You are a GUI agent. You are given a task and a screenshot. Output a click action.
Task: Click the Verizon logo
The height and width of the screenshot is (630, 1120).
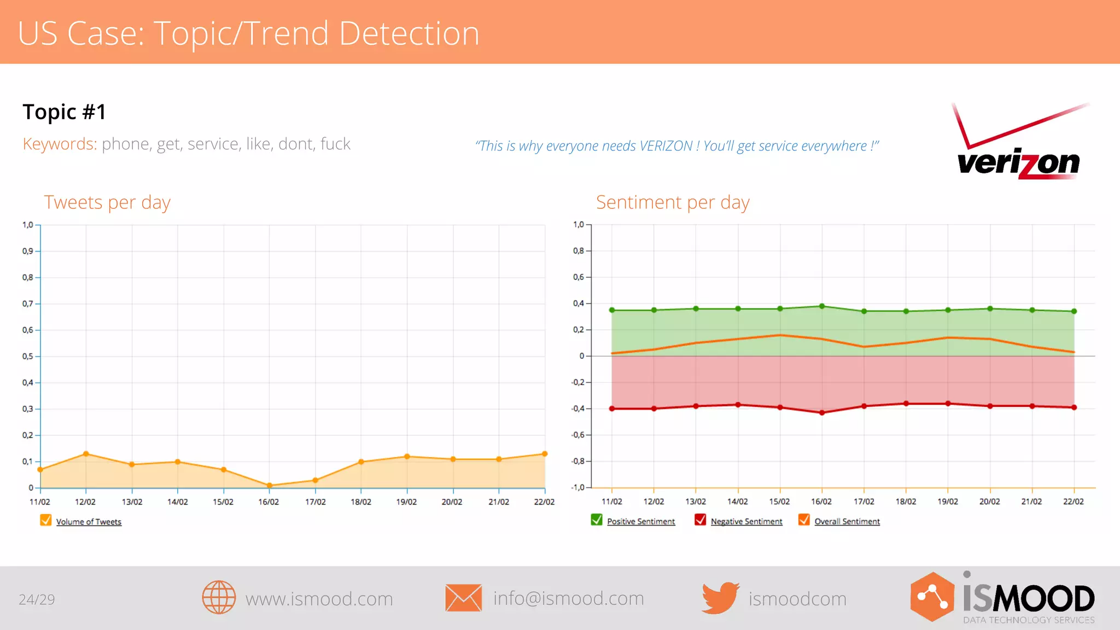point(1018,141)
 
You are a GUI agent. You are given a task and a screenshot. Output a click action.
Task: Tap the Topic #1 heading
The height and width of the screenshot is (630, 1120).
point(65,112)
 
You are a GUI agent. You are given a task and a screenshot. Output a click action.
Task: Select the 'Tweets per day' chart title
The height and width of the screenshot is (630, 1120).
point(107,202)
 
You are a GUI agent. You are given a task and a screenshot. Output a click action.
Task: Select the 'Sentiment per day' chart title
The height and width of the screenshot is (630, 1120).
point(673,202)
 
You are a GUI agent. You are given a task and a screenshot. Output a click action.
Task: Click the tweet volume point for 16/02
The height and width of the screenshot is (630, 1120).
point(269,485)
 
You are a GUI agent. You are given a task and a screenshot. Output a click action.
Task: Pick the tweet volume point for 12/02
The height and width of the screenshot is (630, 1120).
point(86,454)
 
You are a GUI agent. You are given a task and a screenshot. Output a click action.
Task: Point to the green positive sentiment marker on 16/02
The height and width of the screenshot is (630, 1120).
point(822,306)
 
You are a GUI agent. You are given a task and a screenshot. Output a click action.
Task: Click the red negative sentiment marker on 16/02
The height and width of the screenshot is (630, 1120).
point(822,413)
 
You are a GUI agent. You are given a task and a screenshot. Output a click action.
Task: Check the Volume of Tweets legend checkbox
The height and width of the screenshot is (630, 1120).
point(46,521)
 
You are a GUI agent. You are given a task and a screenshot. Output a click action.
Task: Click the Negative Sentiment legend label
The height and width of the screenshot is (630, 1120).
point(746,522)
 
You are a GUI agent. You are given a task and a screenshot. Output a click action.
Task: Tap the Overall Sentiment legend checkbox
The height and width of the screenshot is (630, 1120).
point(804,520)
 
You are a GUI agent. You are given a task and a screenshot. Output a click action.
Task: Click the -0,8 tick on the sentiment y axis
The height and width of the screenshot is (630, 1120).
point(579,461)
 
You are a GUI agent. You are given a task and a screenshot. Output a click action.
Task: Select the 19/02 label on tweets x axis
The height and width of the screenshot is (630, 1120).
point(406,502)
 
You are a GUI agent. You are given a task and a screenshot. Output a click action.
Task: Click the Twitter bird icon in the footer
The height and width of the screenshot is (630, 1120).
point(720,598)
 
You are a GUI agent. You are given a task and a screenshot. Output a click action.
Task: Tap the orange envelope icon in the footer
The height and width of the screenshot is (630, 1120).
point(463,598)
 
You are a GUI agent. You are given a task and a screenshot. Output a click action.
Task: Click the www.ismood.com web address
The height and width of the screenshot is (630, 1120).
point(319,599)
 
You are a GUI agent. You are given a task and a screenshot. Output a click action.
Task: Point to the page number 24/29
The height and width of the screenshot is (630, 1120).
point(37,600)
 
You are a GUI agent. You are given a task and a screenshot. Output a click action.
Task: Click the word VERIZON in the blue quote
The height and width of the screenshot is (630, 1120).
point(666,146)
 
